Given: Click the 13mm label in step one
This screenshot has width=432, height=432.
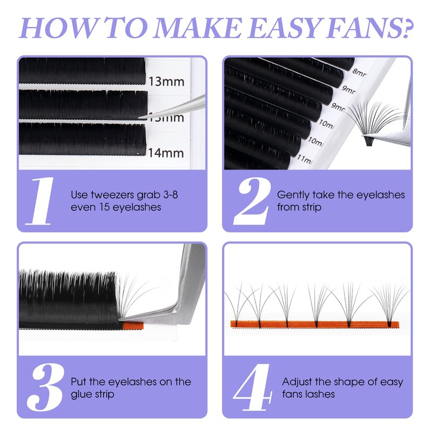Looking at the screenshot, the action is click(x=166, y=82).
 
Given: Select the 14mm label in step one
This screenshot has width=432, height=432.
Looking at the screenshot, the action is click(x=166, y=153).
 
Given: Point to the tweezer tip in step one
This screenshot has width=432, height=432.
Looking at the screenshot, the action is click(x=139, y=118).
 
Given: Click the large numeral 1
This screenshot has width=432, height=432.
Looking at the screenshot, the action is click(x=40, y=201).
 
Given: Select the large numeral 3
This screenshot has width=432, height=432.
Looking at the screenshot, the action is click(x=45, y=387).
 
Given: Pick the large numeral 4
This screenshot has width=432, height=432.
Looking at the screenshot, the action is click(x=253, y=387).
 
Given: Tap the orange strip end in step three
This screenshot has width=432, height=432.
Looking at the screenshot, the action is click(x=133, y=326).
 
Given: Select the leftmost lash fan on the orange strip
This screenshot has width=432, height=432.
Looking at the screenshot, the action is click(x=238, y=305).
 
